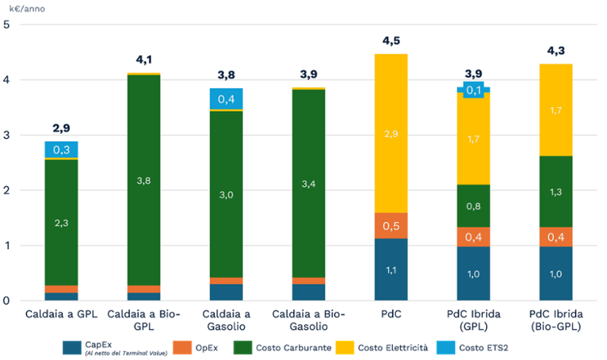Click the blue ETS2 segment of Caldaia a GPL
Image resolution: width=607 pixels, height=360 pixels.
61,150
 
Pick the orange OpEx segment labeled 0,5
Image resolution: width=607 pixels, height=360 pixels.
390,226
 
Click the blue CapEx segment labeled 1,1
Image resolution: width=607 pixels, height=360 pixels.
390,270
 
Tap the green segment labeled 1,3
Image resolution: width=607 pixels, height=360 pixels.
555,191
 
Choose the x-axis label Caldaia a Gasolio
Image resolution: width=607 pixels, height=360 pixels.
226,320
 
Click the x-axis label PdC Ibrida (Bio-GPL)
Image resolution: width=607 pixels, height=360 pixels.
555,320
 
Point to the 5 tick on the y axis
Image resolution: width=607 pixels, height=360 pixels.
7,24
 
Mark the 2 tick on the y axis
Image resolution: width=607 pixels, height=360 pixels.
7,191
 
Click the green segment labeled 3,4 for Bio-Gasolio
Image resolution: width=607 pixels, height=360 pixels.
308,184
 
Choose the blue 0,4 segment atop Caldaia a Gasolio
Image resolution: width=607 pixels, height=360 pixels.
226,99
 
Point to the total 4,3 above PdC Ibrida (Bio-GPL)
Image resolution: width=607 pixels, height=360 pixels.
555,52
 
